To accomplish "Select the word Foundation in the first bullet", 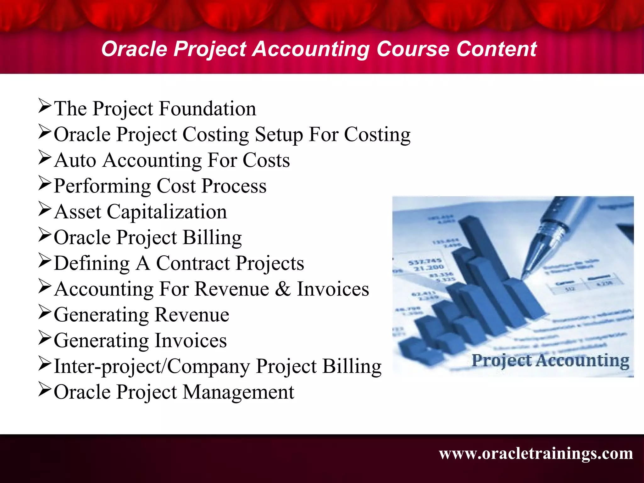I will click(x=208, y=109).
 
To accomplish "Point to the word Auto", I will click(x=75, y=160).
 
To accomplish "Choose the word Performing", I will click(x=102, y=186).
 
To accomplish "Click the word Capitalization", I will click(x=167, y=212).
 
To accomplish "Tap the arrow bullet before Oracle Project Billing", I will click(x=45, y=235).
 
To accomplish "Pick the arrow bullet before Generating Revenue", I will click(x=45, y=312).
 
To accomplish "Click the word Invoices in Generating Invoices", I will click(x=191, y=341).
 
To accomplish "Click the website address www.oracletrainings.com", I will click(x=536, y=453).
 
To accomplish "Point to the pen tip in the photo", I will click(x=523, y=277).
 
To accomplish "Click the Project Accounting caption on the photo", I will click(x=550, y=361).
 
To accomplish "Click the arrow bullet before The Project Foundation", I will click(x=45, y=106).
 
